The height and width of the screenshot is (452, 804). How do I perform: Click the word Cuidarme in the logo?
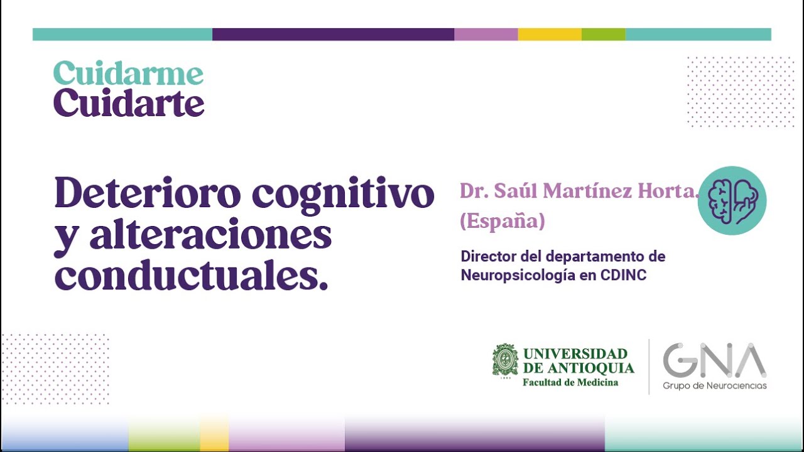tap(128, 73)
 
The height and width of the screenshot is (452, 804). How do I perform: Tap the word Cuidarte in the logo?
tap(128, 104)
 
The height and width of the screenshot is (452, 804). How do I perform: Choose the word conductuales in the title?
tap(191, 276)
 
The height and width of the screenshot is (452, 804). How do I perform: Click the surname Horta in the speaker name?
tap(669, 191)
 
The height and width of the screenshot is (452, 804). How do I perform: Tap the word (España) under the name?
tap(502, 221)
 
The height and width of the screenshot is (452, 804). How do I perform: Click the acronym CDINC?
tap(623, 275)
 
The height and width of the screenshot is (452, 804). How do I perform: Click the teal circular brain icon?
tap(732, 200)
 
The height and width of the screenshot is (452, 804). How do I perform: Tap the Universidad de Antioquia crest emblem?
tap(505, 362)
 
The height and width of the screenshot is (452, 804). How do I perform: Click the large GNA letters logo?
tap(714, 360)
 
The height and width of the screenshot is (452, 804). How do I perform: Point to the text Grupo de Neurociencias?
tap(714, 385)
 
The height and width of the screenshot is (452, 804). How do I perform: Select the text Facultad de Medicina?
tap(570, 382)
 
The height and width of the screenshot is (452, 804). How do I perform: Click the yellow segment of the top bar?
tap(550, 35)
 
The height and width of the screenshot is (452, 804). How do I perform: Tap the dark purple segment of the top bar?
tap(333, 35)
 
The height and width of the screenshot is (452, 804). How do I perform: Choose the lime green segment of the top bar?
tap(603, 35)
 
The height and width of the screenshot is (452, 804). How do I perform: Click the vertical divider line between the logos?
tap(649, 367)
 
